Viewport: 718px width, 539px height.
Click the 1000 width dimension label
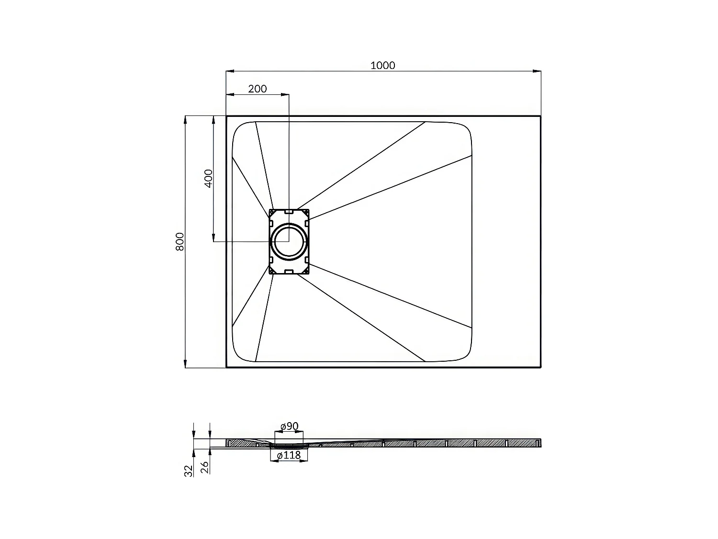383,66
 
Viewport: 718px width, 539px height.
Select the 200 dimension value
258,89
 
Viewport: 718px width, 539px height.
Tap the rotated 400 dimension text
208,178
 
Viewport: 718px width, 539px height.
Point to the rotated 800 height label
179,241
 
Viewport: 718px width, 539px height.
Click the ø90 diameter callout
289,426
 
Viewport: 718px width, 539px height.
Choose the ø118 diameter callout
289,455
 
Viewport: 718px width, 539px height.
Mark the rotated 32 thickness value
189,470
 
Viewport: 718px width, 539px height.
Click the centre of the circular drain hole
289,241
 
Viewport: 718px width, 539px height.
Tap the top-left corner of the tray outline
226,116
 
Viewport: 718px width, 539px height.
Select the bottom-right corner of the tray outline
541,367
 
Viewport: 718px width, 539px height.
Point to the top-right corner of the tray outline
541,116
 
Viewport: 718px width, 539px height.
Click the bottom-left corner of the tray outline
226,367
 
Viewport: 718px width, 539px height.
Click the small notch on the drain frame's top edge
289,211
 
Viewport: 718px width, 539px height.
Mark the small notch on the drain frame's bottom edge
289,272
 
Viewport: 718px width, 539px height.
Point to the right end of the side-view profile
540,443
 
